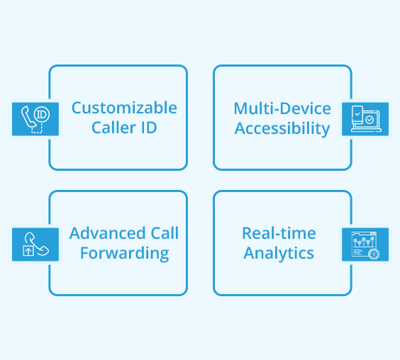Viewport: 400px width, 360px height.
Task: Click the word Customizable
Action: pyautogui.click(x=124, y=108)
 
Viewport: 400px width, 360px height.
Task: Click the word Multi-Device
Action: pyautogui.click(x=282, y=108)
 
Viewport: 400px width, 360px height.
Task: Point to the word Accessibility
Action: pyautogui.click(x=282, y=128)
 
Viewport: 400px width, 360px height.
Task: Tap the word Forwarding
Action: pyautogui.click(x=124, y=253)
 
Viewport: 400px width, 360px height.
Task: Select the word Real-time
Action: pyautogui.click(x=279, y=233)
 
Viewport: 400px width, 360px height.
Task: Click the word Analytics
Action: pyautogui.click(x=279, y=253)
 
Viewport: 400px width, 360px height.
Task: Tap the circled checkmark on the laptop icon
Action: pyautogui.click(x=370, y=121)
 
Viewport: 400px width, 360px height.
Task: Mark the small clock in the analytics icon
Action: pyautogui.click(x=374, y=254)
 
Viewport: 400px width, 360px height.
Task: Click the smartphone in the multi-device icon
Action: pyautogui.click(x=357, y=116)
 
